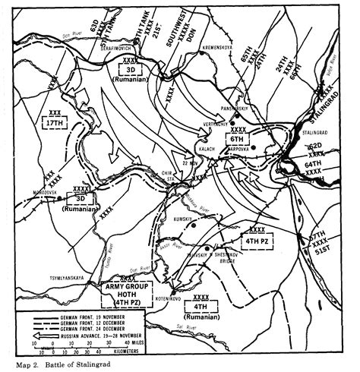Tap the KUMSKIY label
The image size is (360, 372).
point(183,218)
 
